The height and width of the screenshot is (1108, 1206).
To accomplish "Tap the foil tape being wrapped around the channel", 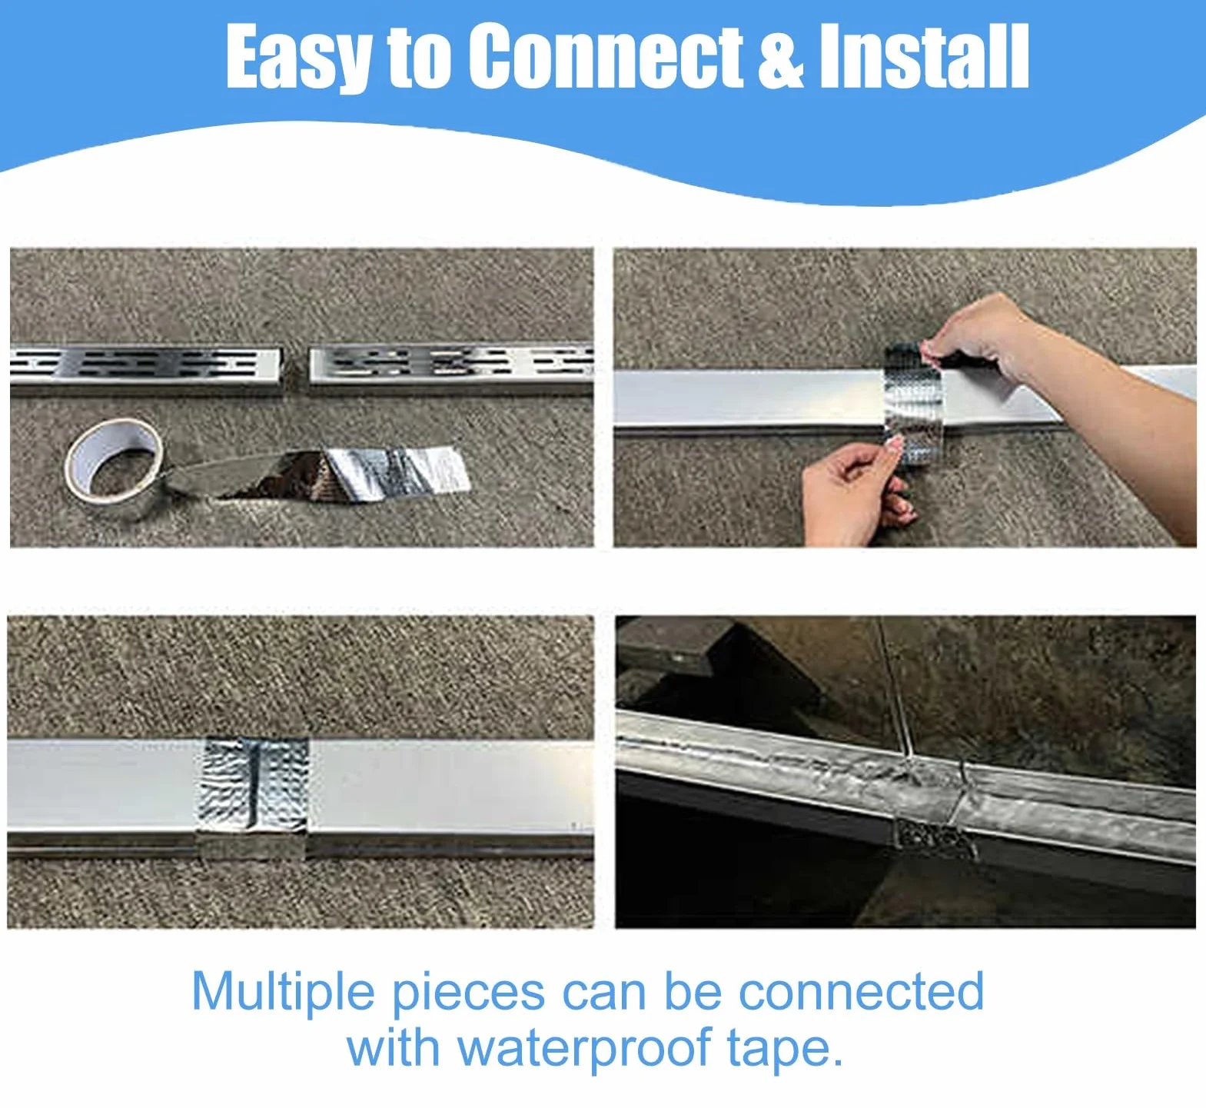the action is click(x=913, y=404).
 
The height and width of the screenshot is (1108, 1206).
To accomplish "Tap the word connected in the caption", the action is click(x=861, y=992).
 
